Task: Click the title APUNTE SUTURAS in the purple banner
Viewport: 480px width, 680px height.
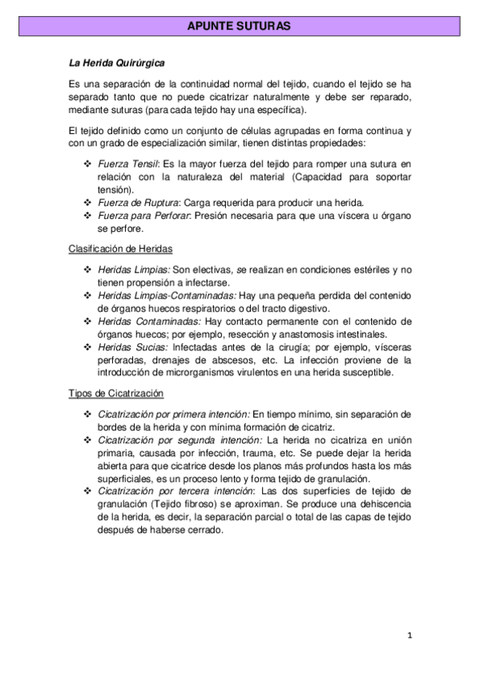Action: tap(239, 27)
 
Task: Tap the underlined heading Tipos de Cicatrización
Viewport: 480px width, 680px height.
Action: tap(116, 393)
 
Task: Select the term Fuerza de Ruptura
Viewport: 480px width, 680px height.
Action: tap(135, 202)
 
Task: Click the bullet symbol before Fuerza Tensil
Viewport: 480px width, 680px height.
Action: tap(87, 164)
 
